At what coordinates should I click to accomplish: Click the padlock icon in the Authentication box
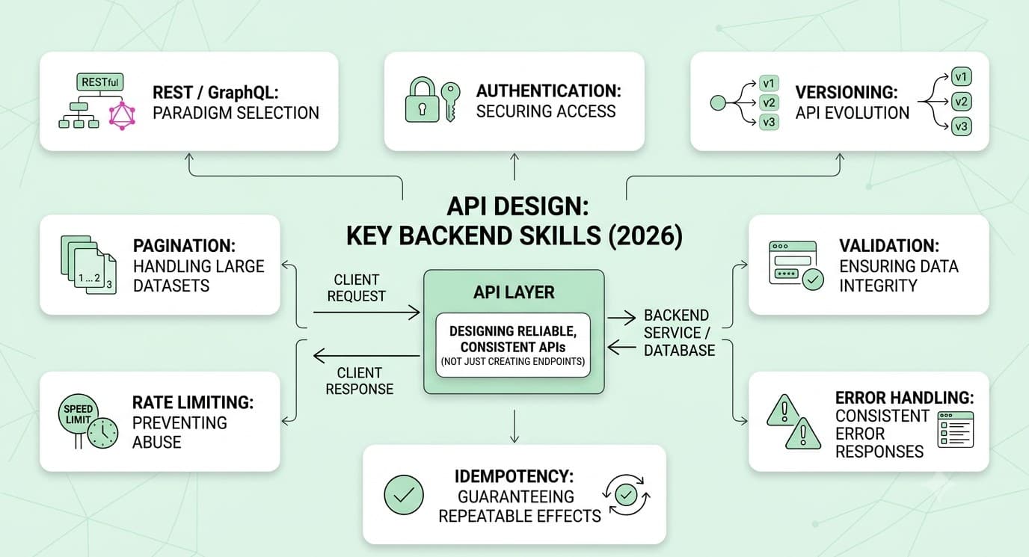pos(422,99)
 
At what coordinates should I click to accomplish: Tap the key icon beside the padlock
pos(450,102)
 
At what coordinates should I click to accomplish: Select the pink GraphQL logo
pos(122,116)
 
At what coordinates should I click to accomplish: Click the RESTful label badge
pos(99,82)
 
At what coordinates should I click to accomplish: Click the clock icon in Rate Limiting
pos(103,433)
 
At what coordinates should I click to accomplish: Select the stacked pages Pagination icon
pos(88,265)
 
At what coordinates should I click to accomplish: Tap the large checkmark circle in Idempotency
pos(404,494)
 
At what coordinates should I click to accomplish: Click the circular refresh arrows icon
pos(626,495)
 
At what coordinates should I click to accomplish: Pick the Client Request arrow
pos(366,313)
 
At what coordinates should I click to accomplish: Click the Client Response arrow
pos(366,355)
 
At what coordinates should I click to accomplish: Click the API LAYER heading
pos(514,292)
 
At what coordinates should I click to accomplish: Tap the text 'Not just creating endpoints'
pos(513,361)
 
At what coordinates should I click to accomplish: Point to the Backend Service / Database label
pos(679,333)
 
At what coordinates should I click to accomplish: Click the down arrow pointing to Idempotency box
pos(514,426)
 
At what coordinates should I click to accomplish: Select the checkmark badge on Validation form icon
pos(813,279)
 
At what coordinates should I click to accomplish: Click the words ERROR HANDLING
pos(905,397)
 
